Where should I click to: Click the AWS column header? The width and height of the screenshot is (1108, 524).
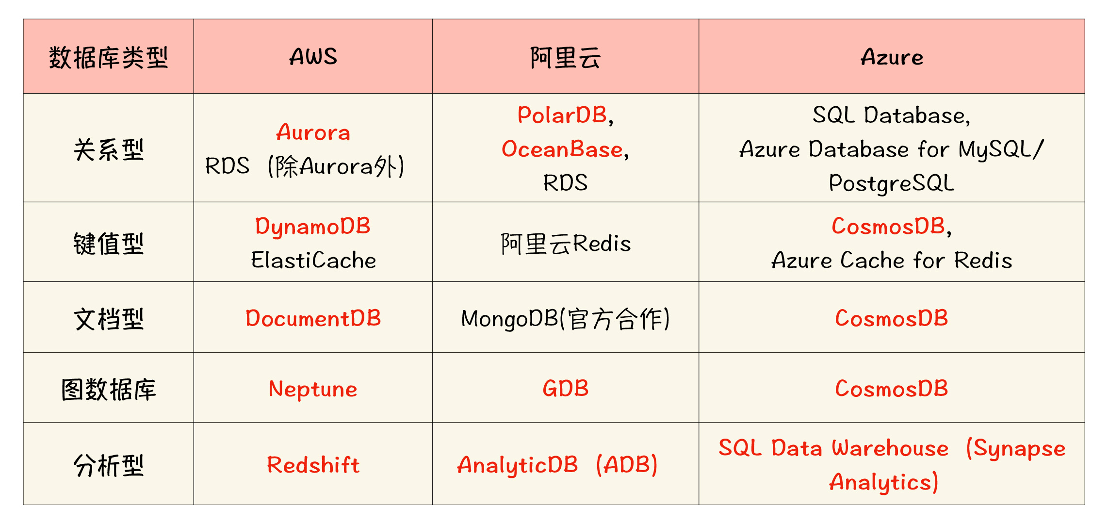point(313,57)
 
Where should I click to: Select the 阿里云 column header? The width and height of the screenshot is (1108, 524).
point(565,58)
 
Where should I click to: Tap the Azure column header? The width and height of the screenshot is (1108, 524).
point(892,57)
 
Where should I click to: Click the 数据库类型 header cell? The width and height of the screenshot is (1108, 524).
point(109,58)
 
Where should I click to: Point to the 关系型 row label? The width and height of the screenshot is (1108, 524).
point(109,149)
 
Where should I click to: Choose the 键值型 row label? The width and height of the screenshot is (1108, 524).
point(109,243)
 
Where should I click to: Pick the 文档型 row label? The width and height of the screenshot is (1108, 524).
point(109,319)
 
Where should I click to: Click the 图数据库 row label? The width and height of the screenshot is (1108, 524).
point(109,389)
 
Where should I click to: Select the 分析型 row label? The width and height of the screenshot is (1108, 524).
point(109,465)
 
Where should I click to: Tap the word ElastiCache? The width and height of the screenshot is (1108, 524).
point(313,260)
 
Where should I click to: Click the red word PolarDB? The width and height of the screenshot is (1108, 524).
point(562,115)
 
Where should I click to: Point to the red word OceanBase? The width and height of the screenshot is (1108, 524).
point(562,149)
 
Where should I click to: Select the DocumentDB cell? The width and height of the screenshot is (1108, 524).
point(313,318)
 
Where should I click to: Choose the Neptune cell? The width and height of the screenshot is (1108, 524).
point(313,390)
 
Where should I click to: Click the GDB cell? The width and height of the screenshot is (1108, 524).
point(566,389)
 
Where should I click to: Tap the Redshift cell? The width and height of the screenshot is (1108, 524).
point(313,465)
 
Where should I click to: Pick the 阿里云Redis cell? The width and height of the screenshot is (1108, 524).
point(566,244)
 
